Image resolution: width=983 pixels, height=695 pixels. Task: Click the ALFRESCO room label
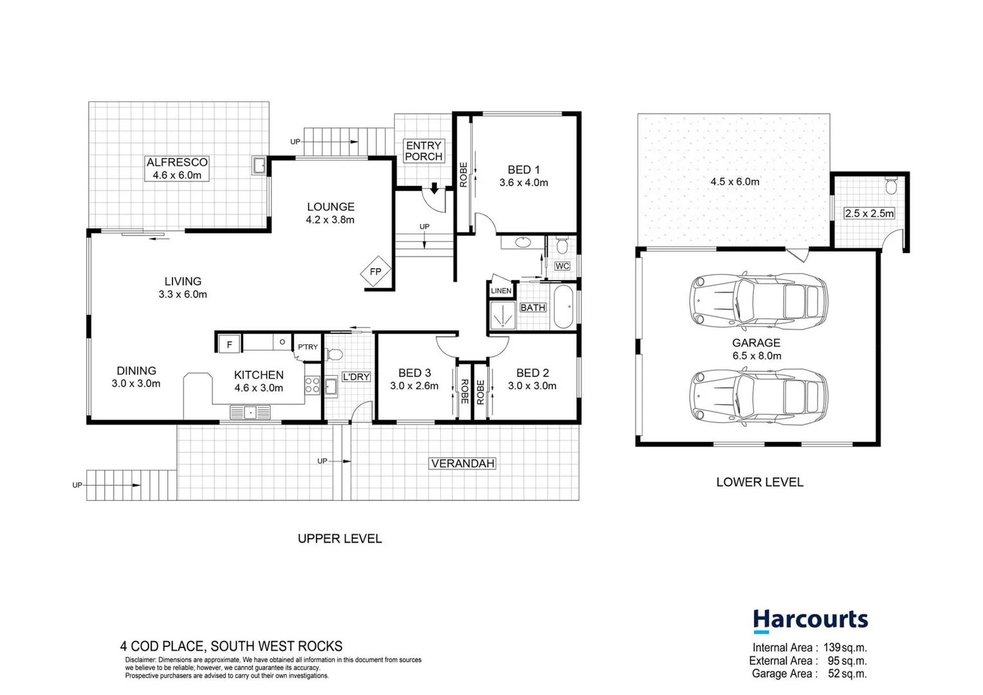177,162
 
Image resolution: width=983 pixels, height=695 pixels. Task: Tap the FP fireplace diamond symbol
376,272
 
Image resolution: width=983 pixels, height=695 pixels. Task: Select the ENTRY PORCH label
423,151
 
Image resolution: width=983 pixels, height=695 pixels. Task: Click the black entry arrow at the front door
434,188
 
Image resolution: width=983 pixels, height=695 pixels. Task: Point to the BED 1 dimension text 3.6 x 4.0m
524,183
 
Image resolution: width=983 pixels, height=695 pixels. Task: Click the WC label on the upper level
562,266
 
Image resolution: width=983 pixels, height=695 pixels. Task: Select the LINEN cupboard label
501,291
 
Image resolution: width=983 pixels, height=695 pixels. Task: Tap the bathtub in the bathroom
564,307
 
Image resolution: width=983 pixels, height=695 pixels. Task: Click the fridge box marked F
229,344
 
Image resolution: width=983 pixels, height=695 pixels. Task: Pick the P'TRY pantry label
308,347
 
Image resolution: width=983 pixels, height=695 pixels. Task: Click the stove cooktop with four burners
313,385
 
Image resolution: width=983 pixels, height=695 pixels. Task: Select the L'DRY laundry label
356,376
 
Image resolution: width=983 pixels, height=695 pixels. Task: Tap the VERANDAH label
463,463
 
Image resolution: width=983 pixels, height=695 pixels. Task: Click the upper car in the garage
758,301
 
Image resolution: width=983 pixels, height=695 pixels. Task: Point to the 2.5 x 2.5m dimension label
869,213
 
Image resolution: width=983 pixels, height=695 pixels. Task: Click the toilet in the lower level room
891,186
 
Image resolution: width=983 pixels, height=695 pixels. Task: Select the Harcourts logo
810,620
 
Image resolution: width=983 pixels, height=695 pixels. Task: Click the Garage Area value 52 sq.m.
847,674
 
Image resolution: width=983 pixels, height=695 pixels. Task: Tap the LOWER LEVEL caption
760,482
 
